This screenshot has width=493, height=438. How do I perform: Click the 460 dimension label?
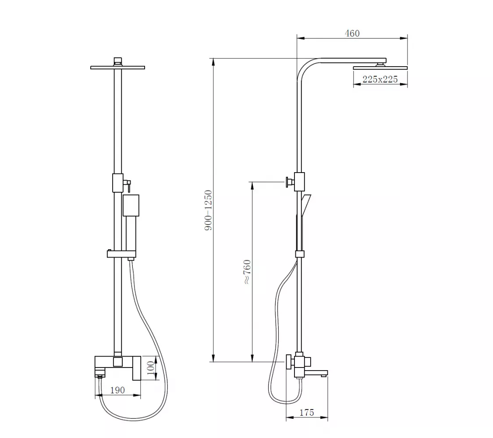pyautogui.click(x=352, y=33)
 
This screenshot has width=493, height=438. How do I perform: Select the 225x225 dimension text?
pyautogui.click(x=380, y=79)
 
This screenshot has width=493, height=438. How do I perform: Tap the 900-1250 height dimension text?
pyautogui.click(x=209, y=210)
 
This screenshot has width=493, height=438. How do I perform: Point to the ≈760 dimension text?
pyautogui.click(x=248, y=272)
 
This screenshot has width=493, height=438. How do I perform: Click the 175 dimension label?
pyautogui.click(x=307, y=412)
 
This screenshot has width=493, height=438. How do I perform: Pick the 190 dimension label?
pyautogui.click(x=117, y=390)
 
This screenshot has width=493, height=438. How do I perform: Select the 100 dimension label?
pyautogui.click(x=151, y=367)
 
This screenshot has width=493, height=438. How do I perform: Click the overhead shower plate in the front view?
pyautogui.click(x=117, y=67)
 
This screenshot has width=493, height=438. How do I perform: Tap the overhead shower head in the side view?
pyautogui.click(x=380, y=67)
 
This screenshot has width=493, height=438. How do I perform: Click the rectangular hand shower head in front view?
pyautogui.click(x=131, y=205)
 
